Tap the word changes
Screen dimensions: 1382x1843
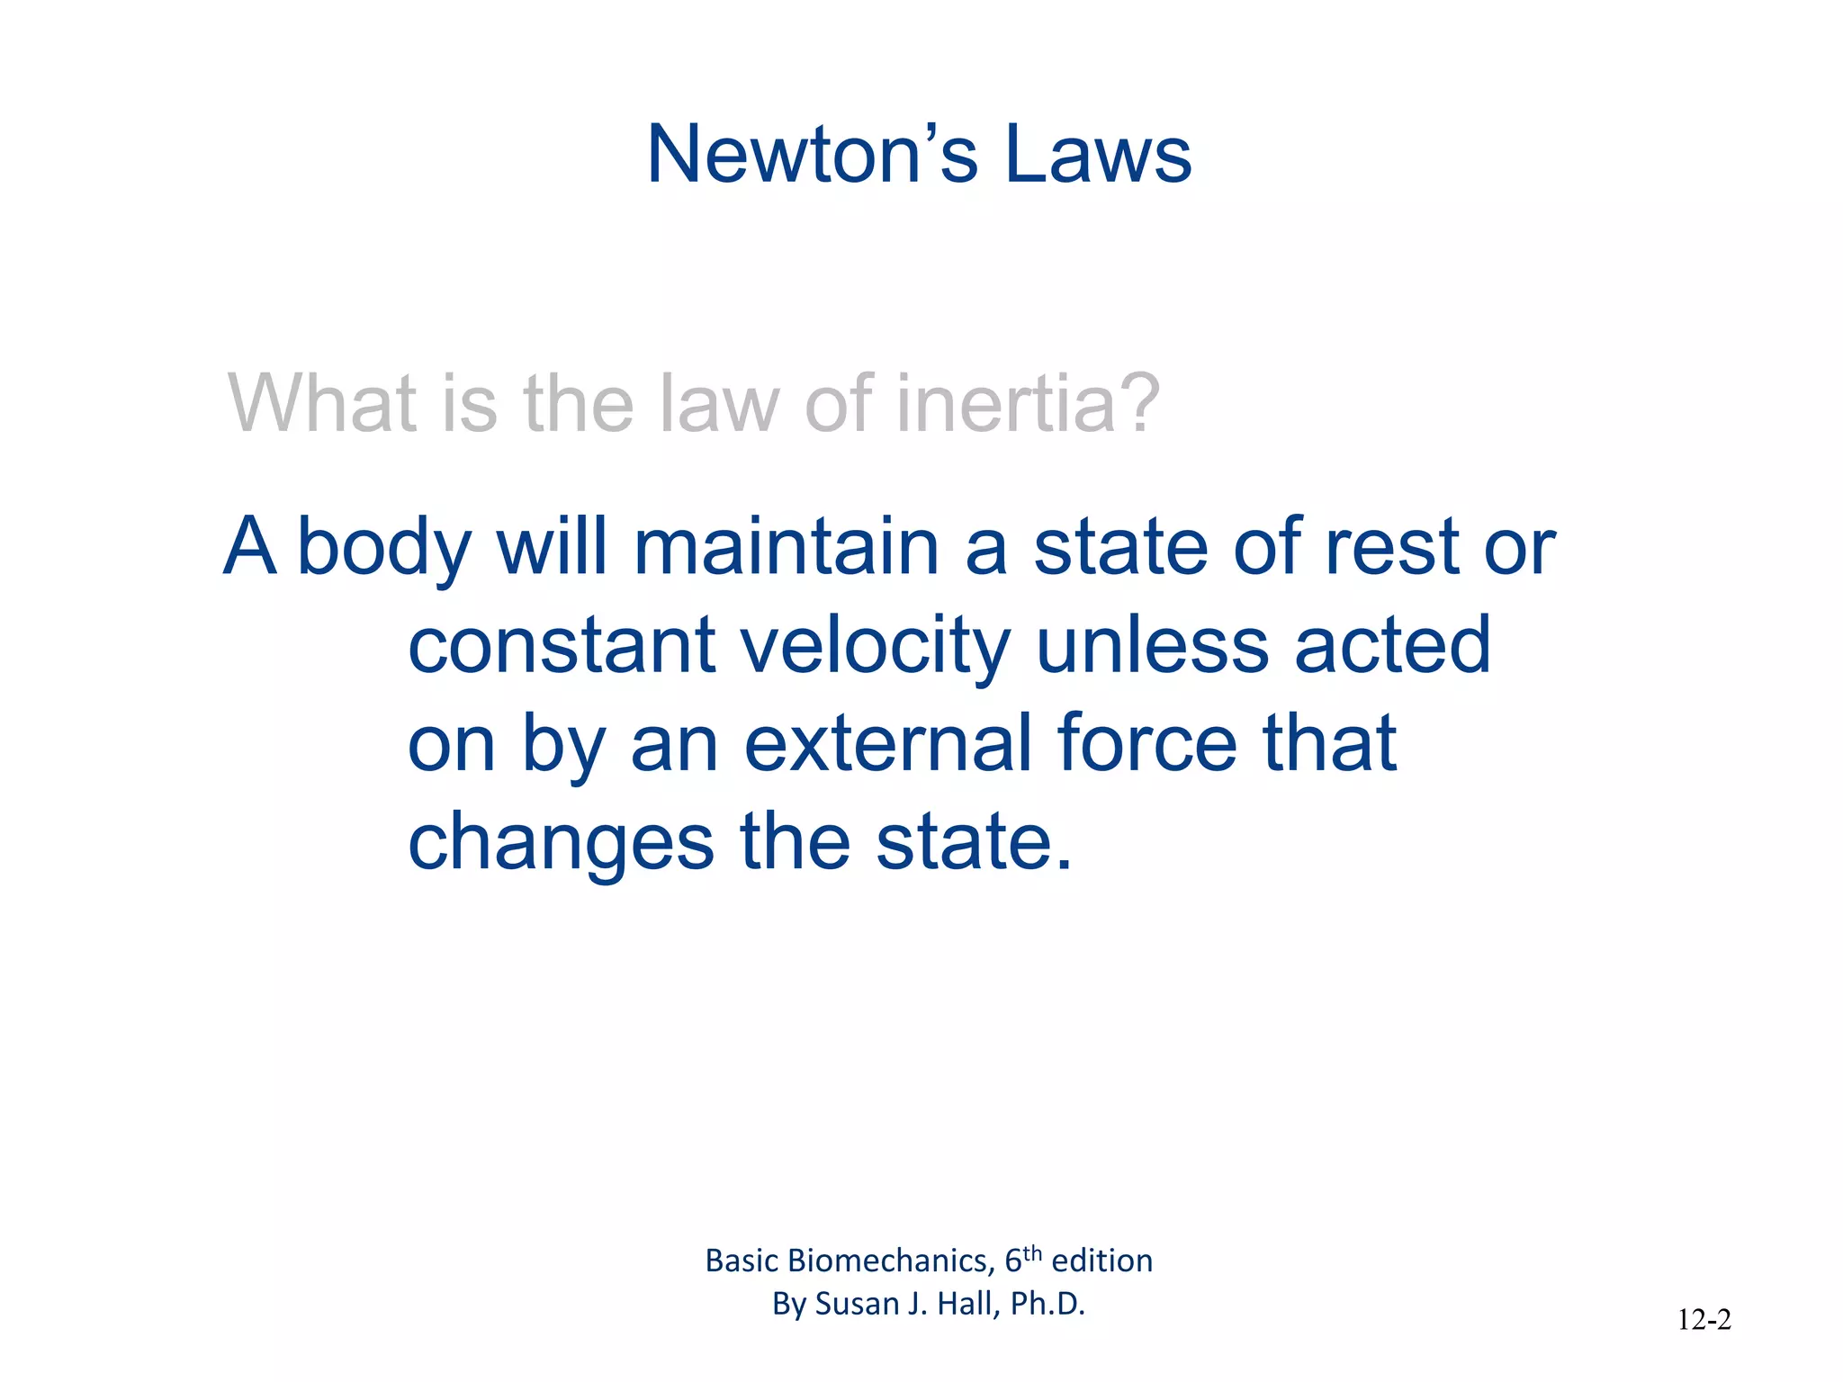point(561,844)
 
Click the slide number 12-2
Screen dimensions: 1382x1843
point(1704,1320)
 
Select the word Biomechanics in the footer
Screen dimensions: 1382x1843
point(890,1261)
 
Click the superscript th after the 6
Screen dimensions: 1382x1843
point(1032,1252)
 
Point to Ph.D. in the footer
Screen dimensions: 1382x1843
point(1047,1304)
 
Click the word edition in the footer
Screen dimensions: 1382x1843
point(1101,1261)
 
